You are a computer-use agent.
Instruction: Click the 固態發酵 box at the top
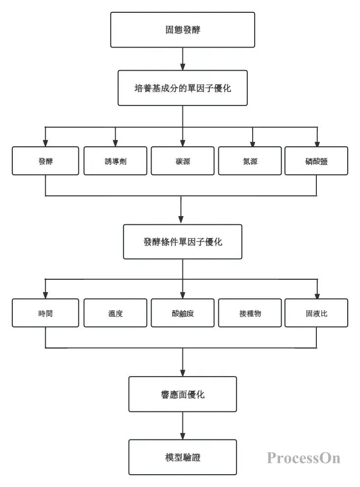coord(182,30)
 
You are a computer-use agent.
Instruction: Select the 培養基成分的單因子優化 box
coord(182,88)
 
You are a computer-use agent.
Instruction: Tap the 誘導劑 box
coord(115,161)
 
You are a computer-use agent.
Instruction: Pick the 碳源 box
coord(182,161)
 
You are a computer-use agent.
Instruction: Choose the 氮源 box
coord(250,161)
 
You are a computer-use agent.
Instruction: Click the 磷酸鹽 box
coord(316,161)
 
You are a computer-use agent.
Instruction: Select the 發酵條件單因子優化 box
coord(182,242)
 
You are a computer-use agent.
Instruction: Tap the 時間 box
coord(45,313)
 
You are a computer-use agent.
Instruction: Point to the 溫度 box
coord(115,313)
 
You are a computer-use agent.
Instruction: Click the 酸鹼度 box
coord(182,313)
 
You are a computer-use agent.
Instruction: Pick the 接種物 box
coord(250,313)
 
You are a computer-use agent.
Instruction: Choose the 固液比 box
coord(316,313)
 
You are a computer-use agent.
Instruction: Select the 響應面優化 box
coord(182,394)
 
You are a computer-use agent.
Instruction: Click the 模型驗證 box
coord(182,457)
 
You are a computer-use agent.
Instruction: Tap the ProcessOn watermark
coord(304,458)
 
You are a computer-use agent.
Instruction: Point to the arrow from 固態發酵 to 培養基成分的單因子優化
coord(182,59)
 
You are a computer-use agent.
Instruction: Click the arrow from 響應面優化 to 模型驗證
coord(182,426)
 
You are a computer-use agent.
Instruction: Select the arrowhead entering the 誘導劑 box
coord(115,143)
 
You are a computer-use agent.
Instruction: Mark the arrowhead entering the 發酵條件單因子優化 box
coord(181,219)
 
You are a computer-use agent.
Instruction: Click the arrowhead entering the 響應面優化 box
coord(182,373)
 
